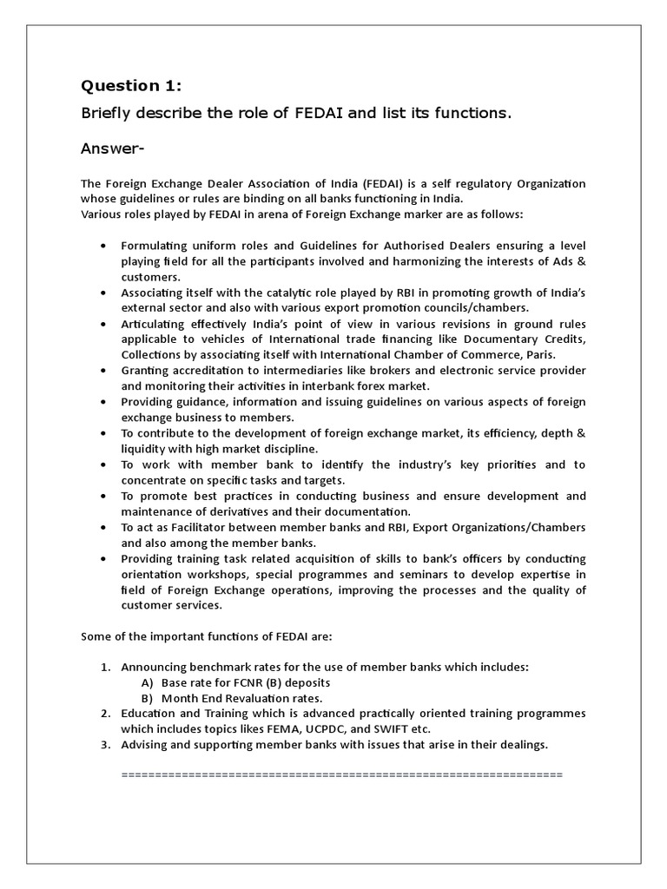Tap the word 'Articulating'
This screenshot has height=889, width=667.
point(153,323)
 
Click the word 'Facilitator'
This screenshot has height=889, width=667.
point(204,527)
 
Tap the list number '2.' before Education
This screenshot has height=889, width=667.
point(104,713)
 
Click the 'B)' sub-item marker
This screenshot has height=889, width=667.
point(147,697)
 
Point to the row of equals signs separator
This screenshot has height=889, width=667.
point(343,773)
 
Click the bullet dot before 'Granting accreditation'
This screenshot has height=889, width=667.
point(104,370)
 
